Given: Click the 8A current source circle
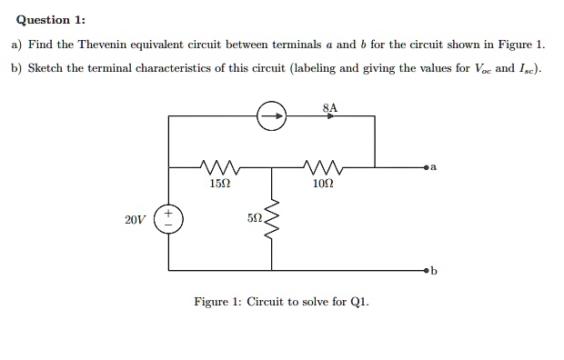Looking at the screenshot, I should click(272, 115).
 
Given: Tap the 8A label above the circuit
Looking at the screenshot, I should click(329, 107).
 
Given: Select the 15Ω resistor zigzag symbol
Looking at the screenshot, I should click(219, 167).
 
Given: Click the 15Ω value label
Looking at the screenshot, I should click(219, 185).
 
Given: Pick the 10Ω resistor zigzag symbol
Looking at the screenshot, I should click(324, 167).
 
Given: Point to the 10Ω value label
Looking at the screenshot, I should click(323, 185).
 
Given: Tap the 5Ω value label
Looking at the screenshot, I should click(254, 219).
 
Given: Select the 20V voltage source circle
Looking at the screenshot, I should click(168, 219).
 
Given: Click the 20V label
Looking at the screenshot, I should click(136, 219).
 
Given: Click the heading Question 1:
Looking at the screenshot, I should click(48, 20).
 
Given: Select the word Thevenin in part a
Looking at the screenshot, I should click(106, 44).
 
